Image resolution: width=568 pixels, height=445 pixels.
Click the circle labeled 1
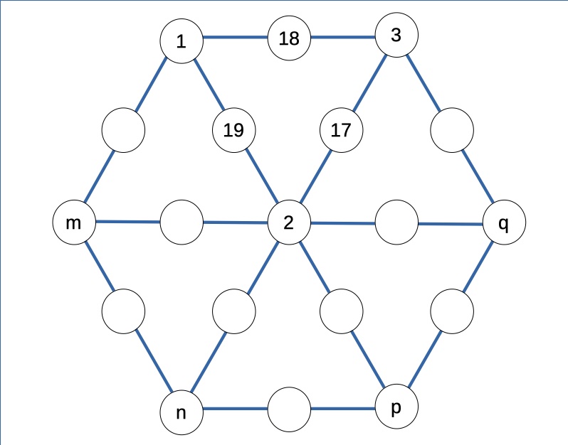click(x=182, y=41)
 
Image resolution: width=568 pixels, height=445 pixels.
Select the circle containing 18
click(x=289, y=38)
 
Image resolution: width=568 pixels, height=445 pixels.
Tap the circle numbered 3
click(x=396, y=35)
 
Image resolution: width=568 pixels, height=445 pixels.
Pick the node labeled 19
click(x=234, y=130)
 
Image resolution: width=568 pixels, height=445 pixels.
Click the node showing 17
click(x=341, y=130)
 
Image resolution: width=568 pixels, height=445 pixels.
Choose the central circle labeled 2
click(x=289, y=222)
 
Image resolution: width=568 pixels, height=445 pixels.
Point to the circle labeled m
click(x=74, y=222)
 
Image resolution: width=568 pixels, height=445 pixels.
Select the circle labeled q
click(x=504, y=222)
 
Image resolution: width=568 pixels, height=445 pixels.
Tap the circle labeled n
click(x=182, y=412)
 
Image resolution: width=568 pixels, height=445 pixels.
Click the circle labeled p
click(x=396, y=407)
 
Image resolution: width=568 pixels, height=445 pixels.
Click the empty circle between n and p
click(x=289, y=409)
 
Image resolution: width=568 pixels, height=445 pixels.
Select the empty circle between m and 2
click(x=182, y=222)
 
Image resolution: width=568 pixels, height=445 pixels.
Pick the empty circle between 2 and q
click(x=396, y=222)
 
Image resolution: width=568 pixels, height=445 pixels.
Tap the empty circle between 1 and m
click(x=124, y=130)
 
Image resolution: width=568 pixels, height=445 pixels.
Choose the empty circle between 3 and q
click(x=452, y=130)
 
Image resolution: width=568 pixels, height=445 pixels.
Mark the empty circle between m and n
click(x=124, y=311)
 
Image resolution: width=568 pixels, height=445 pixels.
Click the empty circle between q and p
click(x=452, y=311)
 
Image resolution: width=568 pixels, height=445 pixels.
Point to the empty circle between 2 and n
click(x=234, y=311)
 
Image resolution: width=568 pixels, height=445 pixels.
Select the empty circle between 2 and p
click(x=341, y=311)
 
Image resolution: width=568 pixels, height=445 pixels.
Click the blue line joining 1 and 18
click(x=236, y=37)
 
